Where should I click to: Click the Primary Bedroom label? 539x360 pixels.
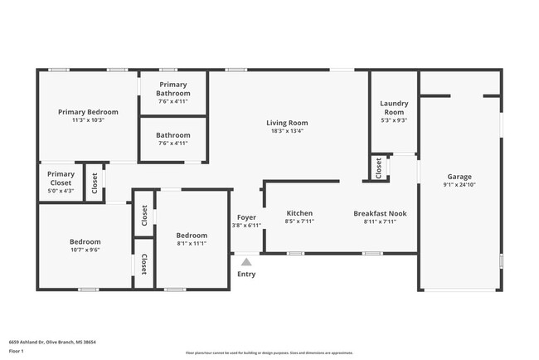88,112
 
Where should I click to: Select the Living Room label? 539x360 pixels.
287,123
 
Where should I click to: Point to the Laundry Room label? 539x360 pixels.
393,108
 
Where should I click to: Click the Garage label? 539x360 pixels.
459,177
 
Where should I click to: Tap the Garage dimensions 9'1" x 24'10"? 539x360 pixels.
459,186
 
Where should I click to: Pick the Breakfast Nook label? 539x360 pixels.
380,212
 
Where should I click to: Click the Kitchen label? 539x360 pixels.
299,212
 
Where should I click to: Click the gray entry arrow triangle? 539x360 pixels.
246,261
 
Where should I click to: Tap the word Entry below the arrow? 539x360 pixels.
246,274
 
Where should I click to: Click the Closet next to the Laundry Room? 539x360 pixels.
379,168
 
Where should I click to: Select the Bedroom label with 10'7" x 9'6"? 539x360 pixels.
85,241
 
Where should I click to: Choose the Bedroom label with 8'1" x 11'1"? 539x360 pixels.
191,236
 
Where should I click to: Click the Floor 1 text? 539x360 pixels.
17,350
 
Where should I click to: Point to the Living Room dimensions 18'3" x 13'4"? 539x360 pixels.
287,131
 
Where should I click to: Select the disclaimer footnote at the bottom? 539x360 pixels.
269,353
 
